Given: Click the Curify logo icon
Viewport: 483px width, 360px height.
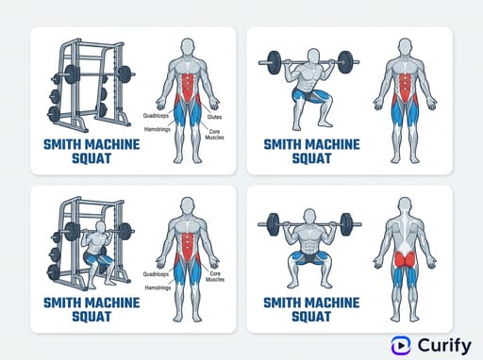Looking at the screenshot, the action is pyautogui.click(x=401, y=346).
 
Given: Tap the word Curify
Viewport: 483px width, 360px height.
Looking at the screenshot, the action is pyautogui.click(x=444, y=346).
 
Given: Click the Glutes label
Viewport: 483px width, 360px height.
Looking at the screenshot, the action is pyautogui.click(x=214, y=117).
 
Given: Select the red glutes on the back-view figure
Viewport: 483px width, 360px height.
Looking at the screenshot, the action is pyautogui.click(x=405, y=259).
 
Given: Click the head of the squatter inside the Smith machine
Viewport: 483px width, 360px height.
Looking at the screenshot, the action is pyautogui.click(x=101, y=227).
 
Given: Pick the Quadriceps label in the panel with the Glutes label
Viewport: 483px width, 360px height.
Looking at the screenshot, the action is pyautogui.click(x=156, y=116).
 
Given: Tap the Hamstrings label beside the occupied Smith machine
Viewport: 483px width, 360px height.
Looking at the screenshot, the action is pyautogui.click(x=158, y=287).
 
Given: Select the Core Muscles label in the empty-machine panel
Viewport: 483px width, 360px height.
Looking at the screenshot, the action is pyautogui.click(x=214, y=135).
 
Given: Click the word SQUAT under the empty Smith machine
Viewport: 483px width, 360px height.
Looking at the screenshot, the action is pyautogui.click(x=92, y=158).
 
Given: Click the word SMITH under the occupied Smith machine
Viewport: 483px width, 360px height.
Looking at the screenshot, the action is pyautogui.click(x=62, y=303).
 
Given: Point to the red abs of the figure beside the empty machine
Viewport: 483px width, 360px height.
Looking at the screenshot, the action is pyautogui.click(x=189, y=87).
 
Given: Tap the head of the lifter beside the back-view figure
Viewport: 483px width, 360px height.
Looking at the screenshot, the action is pyautogui.click(x=309, y=217).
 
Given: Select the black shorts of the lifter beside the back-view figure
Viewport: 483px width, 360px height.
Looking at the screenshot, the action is pyautogui.click(x=309, y=257).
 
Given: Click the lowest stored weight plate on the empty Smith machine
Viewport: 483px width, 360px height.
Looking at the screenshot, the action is pyautogui.click(x=54, y=114).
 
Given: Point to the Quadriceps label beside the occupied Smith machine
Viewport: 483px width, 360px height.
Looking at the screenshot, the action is pyautogui.click(x=156, y=274).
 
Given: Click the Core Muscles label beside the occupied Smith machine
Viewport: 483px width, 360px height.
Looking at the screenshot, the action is pyautogui.click(x=215, y=276).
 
